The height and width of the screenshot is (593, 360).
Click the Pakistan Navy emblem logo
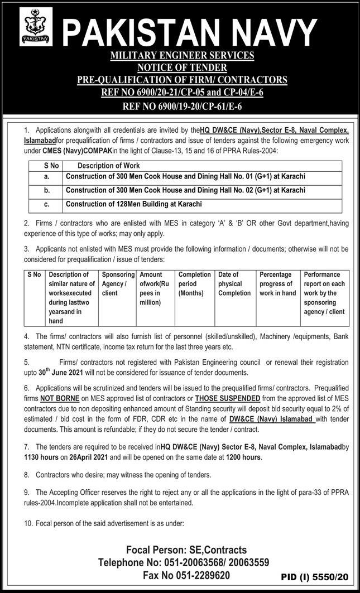[x=32, y=26]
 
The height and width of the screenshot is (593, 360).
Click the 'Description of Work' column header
[x=108, y=166]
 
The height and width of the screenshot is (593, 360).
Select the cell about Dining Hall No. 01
[x=185, y=176]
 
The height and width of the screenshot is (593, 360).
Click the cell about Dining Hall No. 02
[x=185, y=190]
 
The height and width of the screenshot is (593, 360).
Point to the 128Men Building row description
[x=133, y=204]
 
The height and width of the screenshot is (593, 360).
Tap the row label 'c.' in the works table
[x=47, y=204]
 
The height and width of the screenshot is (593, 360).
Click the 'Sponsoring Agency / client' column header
[x=118, y=284]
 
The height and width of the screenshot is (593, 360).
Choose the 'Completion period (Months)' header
[x=195, y=284]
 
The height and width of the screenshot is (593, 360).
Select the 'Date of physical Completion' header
[x=234, y=284]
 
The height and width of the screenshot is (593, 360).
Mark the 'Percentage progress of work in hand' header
[x=277, y=284]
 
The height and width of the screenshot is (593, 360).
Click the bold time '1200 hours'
[x=243, y=457]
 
